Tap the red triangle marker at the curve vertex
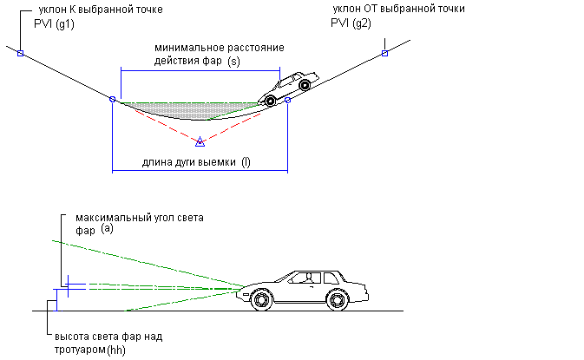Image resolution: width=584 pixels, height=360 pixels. click(200, 141)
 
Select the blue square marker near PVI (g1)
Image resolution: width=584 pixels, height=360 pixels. click(19, 53)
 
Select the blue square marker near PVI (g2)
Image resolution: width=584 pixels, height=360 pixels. click(384, 54)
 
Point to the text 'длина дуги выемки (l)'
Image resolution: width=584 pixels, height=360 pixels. click(197, 161)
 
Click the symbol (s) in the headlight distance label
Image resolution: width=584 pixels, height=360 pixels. click(233, 62)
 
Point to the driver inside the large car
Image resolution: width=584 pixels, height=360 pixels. click(305, 278)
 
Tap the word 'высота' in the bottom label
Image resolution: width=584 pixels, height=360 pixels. click(72, 336)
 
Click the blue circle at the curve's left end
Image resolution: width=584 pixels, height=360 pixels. click(112, 100)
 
